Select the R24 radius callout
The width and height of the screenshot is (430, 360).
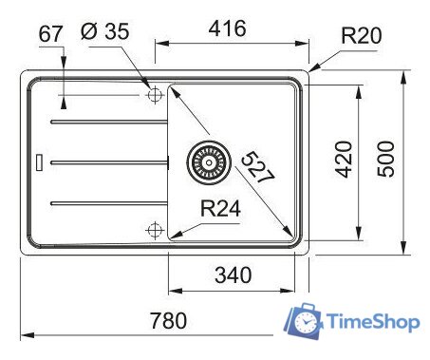[219, 210]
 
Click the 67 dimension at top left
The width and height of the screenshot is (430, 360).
[51, 35]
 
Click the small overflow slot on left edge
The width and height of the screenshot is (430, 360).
[39, 161]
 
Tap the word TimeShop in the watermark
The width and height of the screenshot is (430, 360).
[373, 323]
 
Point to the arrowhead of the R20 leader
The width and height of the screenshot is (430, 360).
[311, 70]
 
